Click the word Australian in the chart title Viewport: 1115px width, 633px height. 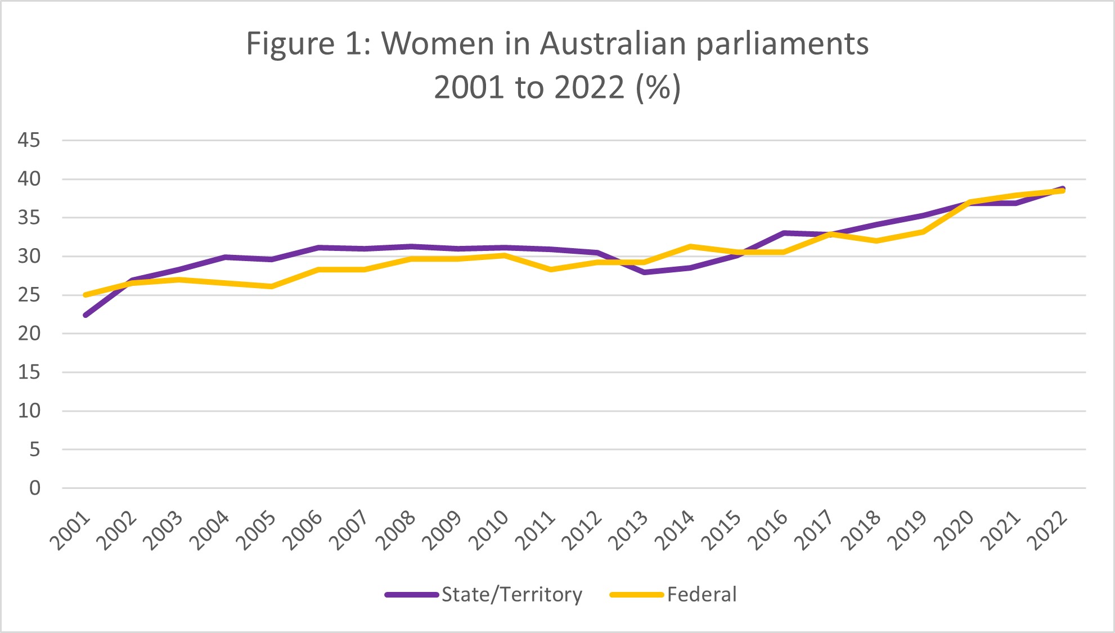613,44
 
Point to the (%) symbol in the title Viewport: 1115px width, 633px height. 658,88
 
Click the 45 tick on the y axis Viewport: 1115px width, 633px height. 29,140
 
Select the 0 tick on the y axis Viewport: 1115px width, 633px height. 35,488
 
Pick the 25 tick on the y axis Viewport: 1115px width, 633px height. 29,295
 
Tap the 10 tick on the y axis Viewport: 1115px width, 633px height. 29,411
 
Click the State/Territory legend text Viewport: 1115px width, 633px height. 511,595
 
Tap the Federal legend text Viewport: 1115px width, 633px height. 702,595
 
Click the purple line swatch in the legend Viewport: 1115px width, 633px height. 412,595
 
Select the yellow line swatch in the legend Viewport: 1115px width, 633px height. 637,595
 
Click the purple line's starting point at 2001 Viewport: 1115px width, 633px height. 86,315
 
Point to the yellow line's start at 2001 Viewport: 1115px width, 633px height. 86,295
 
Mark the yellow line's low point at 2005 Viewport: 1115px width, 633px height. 272,286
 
